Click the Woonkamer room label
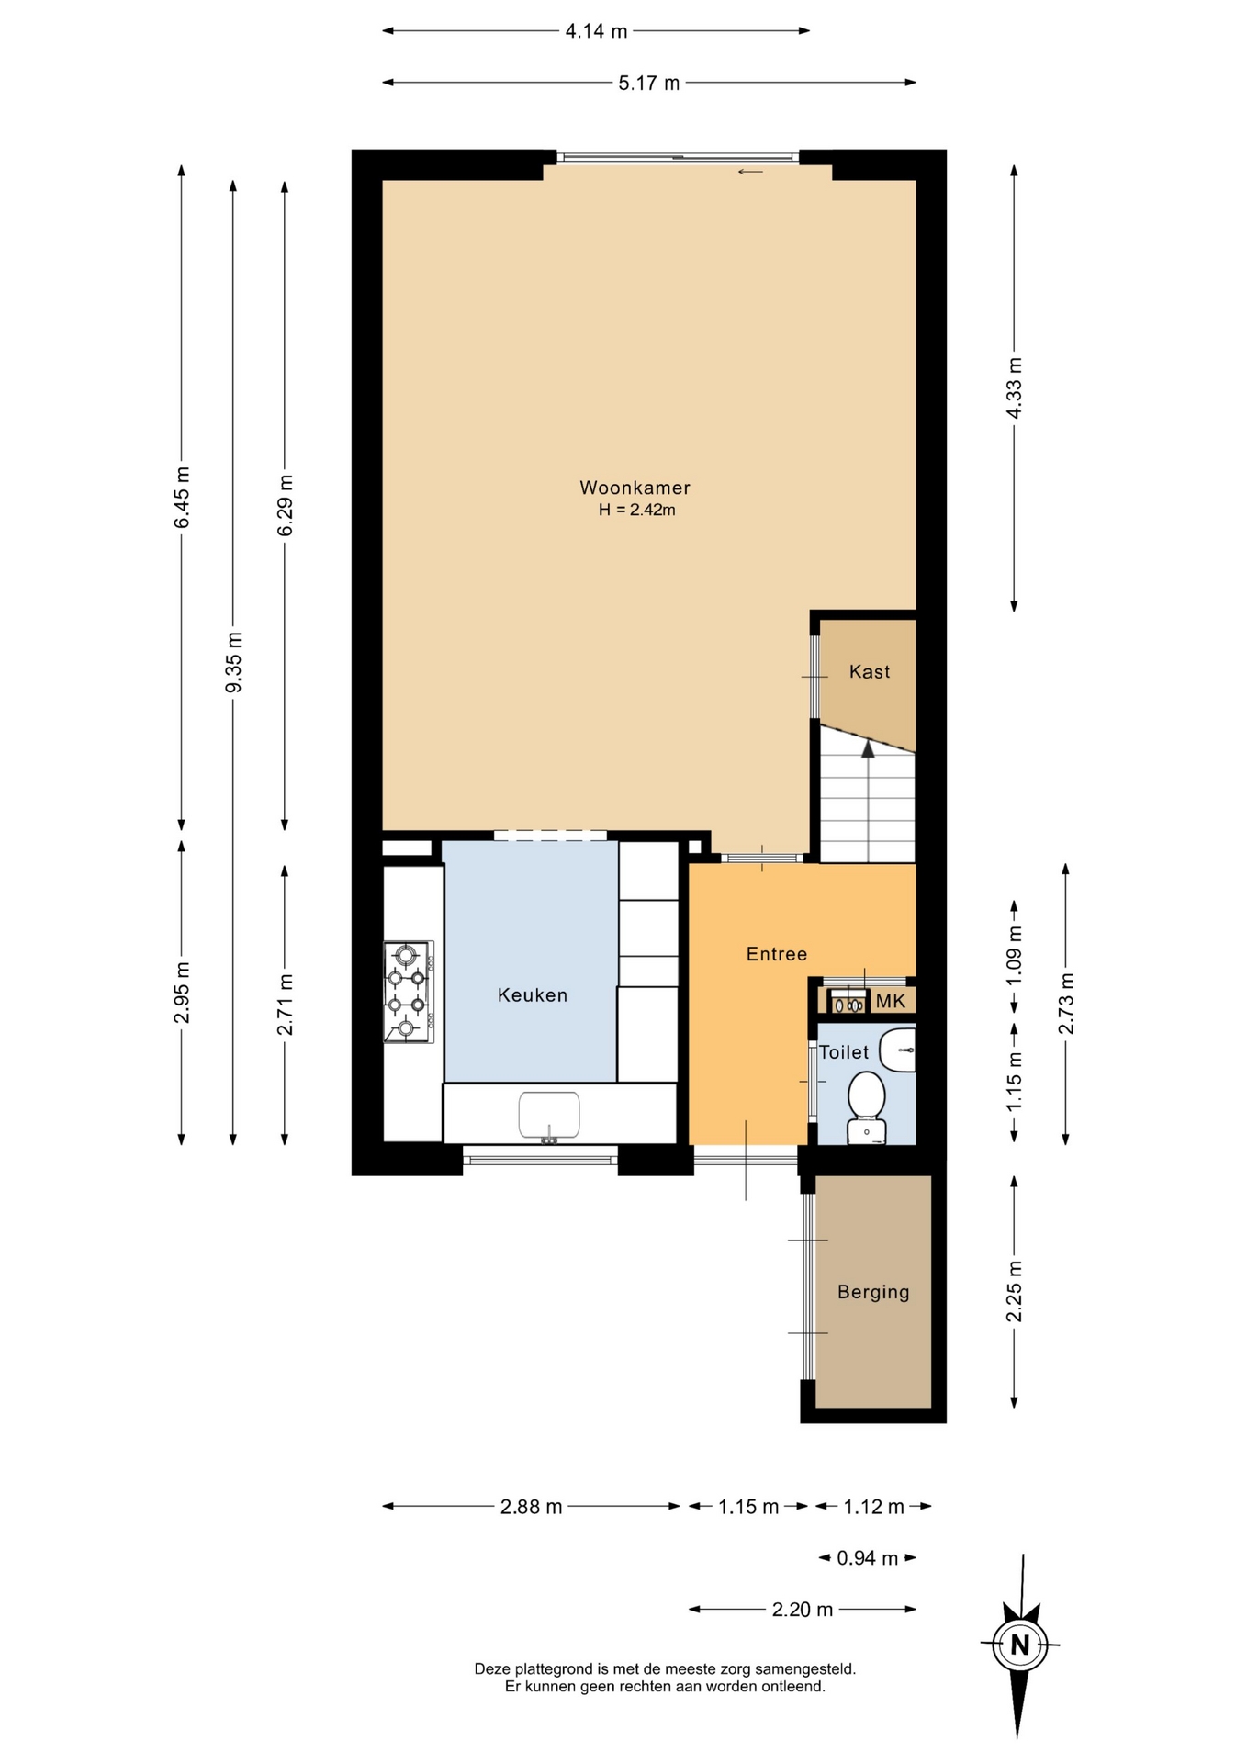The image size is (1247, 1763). coord(635,488)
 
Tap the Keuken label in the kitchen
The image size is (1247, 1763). coord(533,994)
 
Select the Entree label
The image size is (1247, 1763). coord(777,954)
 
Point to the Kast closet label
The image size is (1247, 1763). coord(870,671)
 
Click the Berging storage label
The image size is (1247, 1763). coord(873,1292)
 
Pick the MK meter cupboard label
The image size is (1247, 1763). coord(891,1001)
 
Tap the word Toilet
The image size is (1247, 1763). coord(844,1052)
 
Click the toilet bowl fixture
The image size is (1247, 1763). coord(866,1108)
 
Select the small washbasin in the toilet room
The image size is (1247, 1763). coord(897,1050)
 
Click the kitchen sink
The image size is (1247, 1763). coord(549,1115)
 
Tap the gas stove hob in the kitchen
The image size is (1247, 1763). coord(409,992)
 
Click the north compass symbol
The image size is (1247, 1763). coord(1019,1644)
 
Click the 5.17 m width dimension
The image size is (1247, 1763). coord(649,83)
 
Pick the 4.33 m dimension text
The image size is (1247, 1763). coord(1014,387)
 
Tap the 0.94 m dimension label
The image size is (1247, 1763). coord(868,1557)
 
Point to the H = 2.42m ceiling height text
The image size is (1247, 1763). coord(636,510)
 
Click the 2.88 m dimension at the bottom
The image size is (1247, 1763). coord(532,1506)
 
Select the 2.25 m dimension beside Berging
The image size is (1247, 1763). coord(1014,1291)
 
